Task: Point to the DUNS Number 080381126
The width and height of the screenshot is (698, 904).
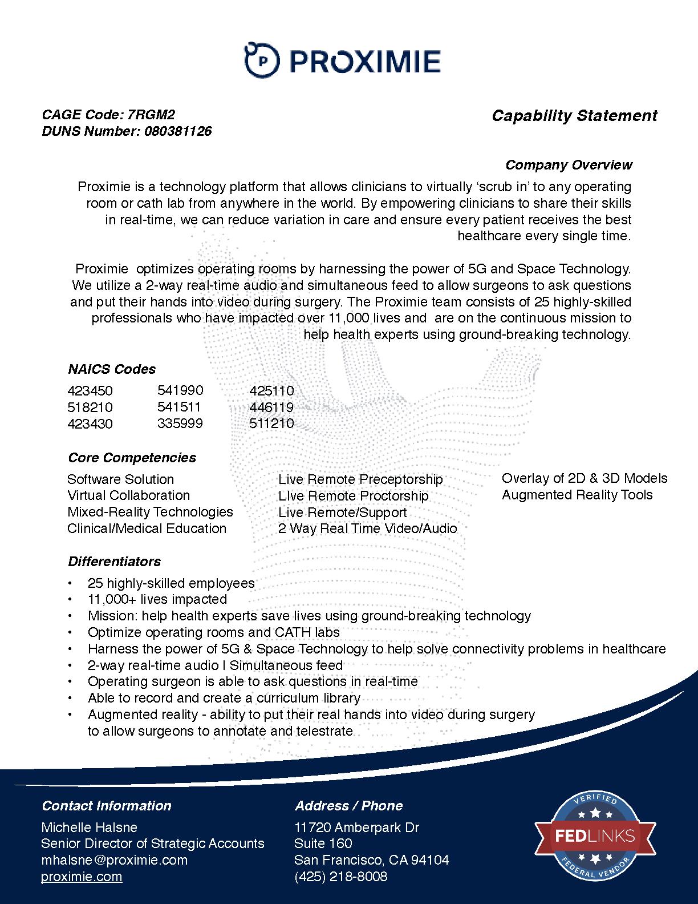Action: pyautogui.click(x=177, y=131)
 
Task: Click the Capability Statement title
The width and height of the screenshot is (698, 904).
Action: pyautogui.click(x=574, y=116)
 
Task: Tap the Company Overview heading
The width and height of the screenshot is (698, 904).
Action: pyautogui.click(x=569, y=165)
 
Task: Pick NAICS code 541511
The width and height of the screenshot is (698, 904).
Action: pyautogui.click(x=179, y=407)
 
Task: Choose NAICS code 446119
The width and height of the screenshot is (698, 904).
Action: pyautogui.click(x=271, y=407)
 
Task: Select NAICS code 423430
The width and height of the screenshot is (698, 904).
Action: pyautogui.click(x=90, y=424)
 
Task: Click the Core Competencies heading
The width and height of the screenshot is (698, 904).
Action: pyautogui.click(x=132, y=458)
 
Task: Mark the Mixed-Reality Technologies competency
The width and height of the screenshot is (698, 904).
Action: pyautogui.click(x=150, y=512)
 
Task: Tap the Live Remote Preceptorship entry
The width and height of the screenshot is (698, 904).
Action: pyautogui.click(x=360, y=479)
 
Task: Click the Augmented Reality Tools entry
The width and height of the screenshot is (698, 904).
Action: pyautogui.click(x=577, y=495)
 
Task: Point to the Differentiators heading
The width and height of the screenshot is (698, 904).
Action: pyautogui.click(x=114, y=562)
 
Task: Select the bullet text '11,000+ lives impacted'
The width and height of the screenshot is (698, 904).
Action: pyautogui.click(x=157, y=599)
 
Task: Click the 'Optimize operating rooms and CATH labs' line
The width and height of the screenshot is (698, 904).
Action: pyautogui.click(x=214, y=632)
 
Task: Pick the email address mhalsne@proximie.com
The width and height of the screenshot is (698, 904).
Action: pyautogui.click(x=114, y=860)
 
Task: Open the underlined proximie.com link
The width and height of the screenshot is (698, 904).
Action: pyautogui.click(x=82, y=877)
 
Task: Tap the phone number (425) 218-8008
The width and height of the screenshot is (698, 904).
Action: pyautogui.click(x=340, y=877)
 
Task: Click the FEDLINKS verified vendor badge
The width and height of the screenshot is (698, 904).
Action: pyautogui.click(x=594, y=836)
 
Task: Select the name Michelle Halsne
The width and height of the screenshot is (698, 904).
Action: pyautogui.click(x=89, y=827)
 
